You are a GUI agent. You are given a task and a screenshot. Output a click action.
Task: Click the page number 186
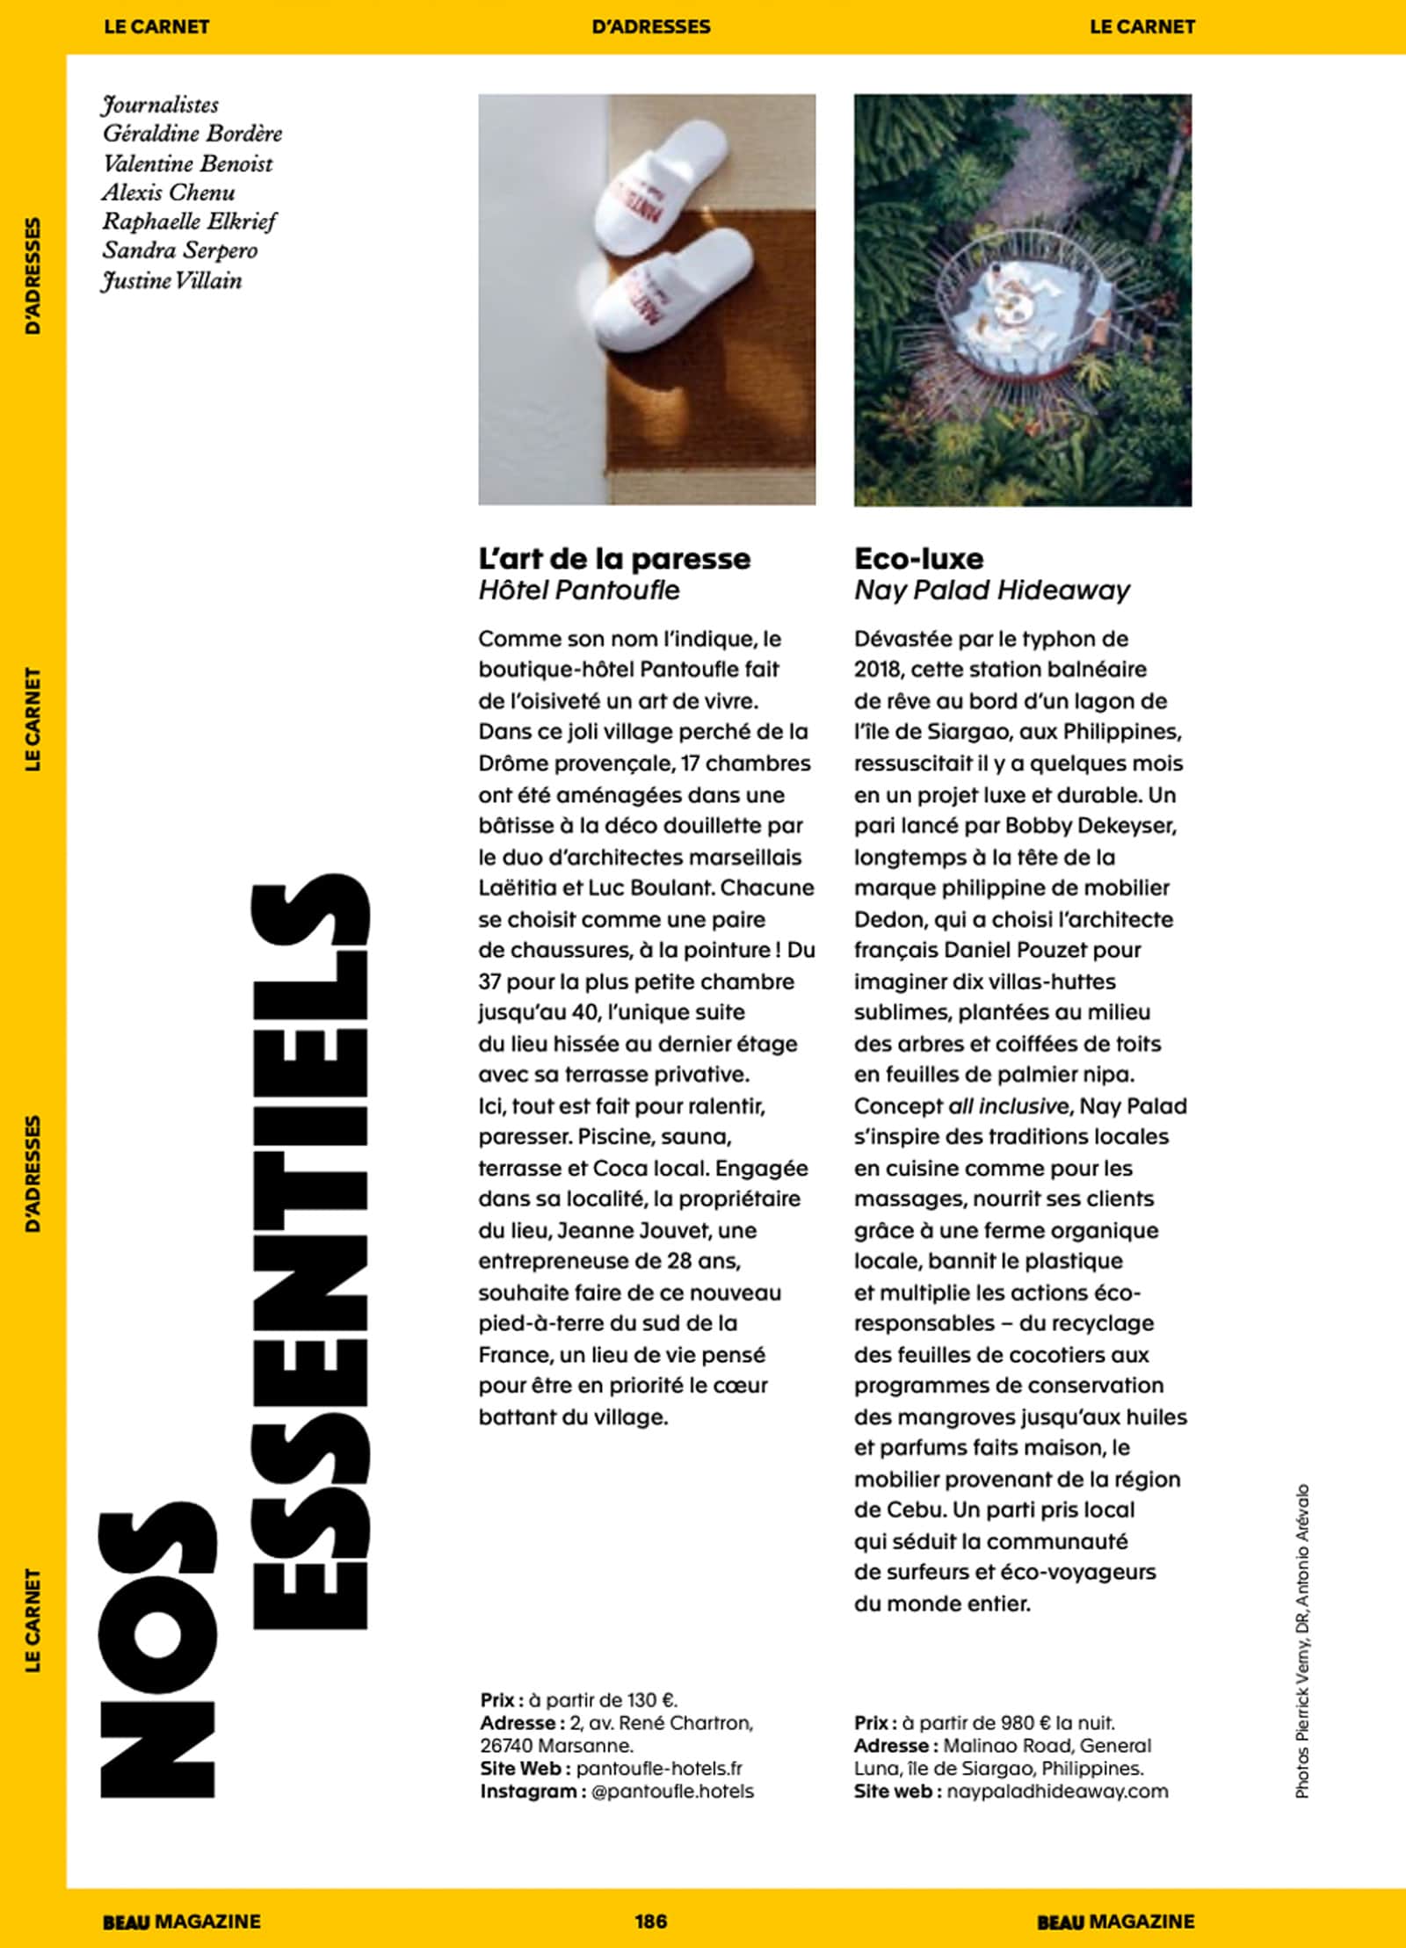[650, 1921]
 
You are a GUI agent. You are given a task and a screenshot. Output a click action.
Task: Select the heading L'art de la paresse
[614, 559]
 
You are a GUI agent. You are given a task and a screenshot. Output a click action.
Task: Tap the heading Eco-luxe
[918, 559]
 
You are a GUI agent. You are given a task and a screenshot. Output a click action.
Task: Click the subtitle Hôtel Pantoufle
[579, 590]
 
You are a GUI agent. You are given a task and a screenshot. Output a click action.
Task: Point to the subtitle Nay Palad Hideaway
[991, 590]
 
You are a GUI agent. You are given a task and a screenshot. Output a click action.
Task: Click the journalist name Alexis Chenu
[168, 192]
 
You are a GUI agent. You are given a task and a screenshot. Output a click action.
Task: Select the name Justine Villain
[171, 281]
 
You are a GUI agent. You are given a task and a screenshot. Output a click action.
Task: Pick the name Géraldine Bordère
[192, 134]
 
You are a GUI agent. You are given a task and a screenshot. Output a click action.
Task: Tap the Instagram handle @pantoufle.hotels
[672, 1791]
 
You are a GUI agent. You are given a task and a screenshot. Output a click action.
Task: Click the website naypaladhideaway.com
[1057, 1791]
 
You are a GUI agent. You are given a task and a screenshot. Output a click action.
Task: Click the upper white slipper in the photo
[660, 188]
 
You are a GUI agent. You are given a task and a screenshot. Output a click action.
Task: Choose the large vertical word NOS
[158, 1652]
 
